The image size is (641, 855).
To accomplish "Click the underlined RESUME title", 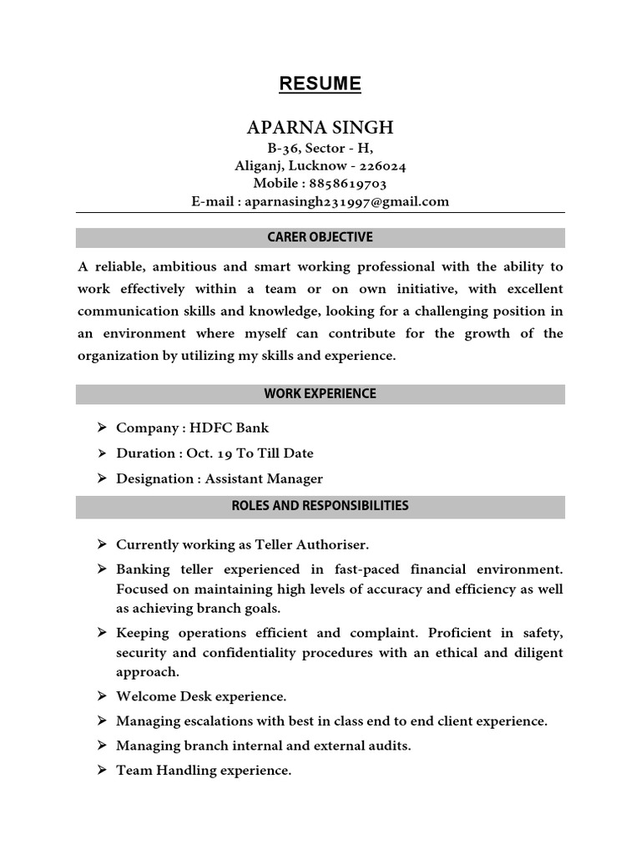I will point(320,83).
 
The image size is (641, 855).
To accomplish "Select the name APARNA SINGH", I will point(320,128).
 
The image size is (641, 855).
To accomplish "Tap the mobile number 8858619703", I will point(349,183).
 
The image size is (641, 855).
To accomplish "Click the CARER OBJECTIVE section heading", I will point(320,237).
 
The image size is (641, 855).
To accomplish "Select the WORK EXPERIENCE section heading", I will point(320,393).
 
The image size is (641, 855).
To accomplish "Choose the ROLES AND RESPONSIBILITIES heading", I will point(320,505).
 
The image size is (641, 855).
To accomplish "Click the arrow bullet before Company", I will point(100,427).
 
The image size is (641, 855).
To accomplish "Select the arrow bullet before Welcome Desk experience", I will point(100,696).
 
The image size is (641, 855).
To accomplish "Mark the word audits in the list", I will point(389,746).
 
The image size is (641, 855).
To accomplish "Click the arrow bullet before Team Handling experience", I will point(100,771).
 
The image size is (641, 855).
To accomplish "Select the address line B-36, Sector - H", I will point(320,148).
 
